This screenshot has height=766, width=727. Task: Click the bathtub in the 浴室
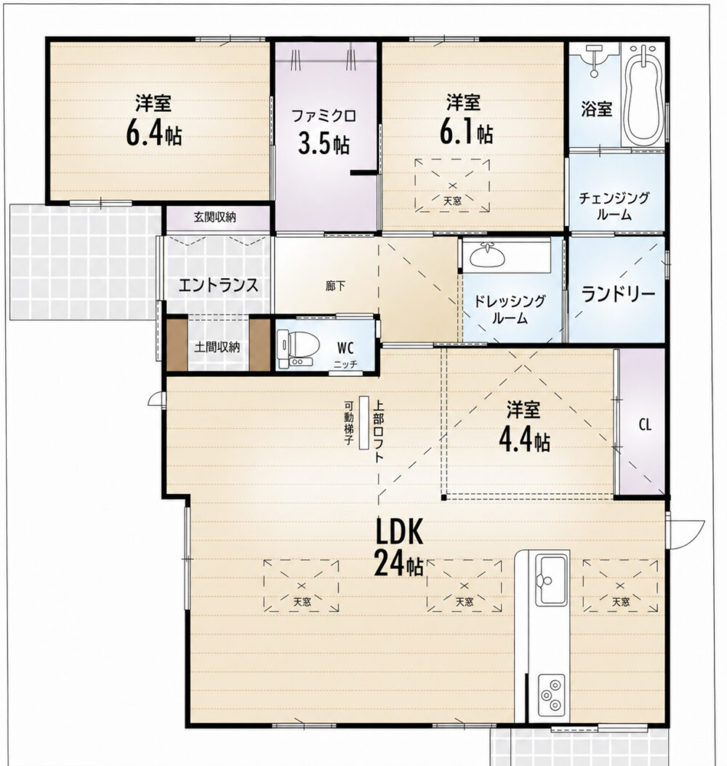tap(645, 95)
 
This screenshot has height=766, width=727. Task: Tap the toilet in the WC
tap(298, 348)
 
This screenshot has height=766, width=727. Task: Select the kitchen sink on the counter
tap(552, 581)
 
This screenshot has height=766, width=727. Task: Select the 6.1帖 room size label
tap(466, 132)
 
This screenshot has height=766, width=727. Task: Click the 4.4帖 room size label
tap(524, 440)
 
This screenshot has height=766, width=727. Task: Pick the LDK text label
tap(399, 532)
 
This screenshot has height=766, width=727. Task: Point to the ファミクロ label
tap(324, 116)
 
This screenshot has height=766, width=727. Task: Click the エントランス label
tap(218, 285)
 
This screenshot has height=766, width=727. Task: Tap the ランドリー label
tap(618, 294)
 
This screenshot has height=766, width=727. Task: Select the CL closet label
tap(645, 425)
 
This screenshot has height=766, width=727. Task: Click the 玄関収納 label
tap(215, 217)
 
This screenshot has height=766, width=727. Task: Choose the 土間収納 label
tap(217, 347)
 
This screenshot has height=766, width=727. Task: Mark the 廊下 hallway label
tap(335, 286)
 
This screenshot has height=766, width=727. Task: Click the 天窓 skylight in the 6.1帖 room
tap(452, 185)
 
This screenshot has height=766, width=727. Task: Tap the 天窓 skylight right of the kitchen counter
tap(620, 586)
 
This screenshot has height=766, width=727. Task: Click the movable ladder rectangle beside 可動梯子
tap(363, 422)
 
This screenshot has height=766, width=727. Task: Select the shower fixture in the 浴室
tap(594, 60)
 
